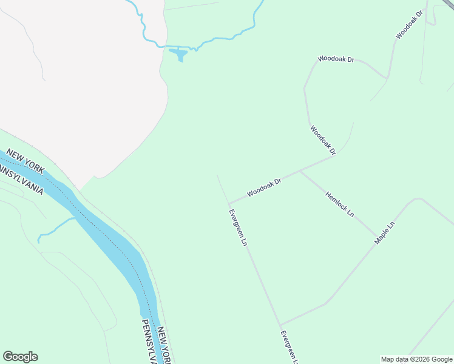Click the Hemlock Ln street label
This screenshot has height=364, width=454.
pos(339,204)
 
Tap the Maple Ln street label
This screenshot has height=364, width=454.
pos(384,232)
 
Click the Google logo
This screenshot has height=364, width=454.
pos(20,357)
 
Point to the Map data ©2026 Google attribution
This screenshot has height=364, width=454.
pos(416,359)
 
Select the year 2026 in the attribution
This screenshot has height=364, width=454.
pos(419,359)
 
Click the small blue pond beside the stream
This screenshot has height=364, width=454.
pos(178,55)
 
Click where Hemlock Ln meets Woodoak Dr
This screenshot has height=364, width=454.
pos(300,172)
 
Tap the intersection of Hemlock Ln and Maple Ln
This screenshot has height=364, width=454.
pos(376,236)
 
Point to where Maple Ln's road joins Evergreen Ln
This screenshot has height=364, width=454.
pos(280,325)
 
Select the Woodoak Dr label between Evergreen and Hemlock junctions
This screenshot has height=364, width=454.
pos(264,189)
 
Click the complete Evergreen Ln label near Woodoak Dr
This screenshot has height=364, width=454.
pos(237,227)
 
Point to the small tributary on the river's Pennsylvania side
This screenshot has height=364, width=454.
pos(55,227)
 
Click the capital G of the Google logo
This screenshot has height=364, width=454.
pos(8,357)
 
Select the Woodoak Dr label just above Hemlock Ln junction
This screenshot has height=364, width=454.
pos(323,140)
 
